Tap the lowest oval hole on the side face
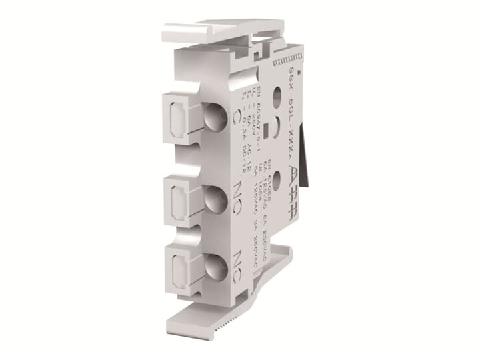click(276, 179)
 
